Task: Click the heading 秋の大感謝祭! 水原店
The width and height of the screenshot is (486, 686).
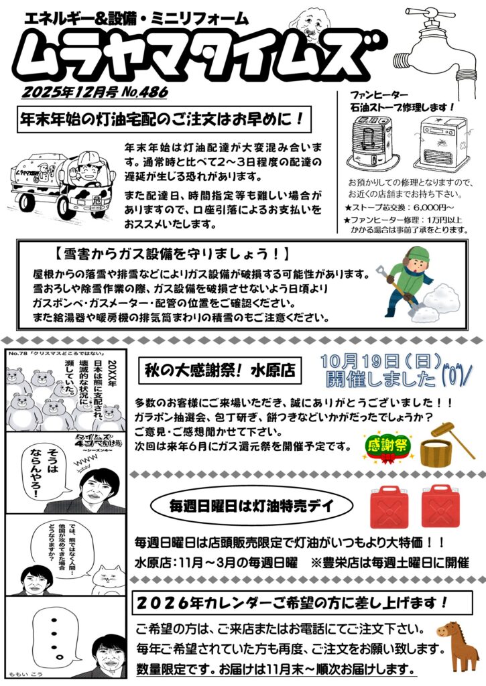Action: (220, 370)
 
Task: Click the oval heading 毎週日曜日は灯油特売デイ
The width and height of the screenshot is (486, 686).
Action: (251, 506)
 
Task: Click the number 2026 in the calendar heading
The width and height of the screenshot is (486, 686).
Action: (164, 604)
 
